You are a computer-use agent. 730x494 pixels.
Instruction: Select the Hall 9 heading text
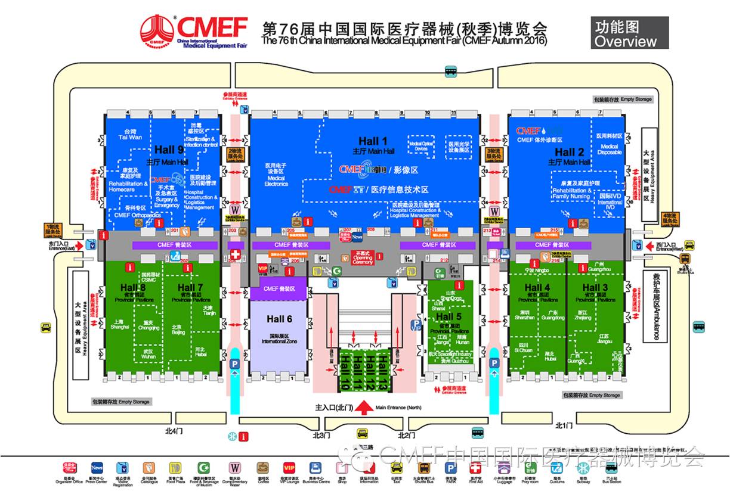(x=169, y=150)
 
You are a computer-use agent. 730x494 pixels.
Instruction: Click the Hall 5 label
(x=448, y=317)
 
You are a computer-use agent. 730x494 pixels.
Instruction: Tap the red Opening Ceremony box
(x=363, y=257)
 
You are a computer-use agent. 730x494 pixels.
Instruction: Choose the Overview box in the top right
(x=630, y=33)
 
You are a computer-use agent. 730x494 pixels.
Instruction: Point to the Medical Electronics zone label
(x=276, y=174)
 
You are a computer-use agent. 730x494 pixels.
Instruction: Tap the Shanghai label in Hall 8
(x=119, y=324)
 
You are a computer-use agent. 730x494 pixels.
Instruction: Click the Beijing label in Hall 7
(x=178, y=330)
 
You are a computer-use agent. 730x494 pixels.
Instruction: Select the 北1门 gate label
(x=563, y=425)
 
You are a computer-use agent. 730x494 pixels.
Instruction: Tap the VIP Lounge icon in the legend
(x=289, y=468)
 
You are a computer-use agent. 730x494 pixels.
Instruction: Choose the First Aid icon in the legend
(x=476, y=468)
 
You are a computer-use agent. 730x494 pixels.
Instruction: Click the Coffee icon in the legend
(x=262, y=468)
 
